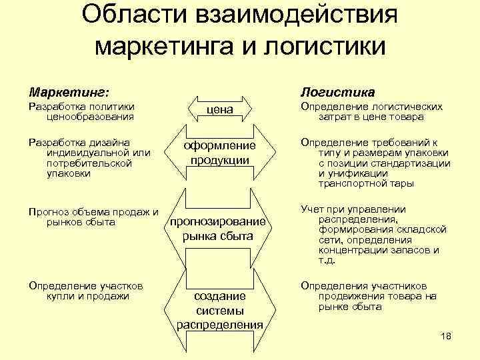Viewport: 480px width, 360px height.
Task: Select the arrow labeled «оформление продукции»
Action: click(x=220, y=153)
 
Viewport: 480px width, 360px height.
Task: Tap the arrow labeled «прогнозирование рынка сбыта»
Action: click(x=220, y=229)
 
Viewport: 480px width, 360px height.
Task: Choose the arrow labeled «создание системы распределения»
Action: click(x=220, y=310)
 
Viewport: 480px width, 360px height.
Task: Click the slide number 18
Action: click(x=446, y=336)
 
